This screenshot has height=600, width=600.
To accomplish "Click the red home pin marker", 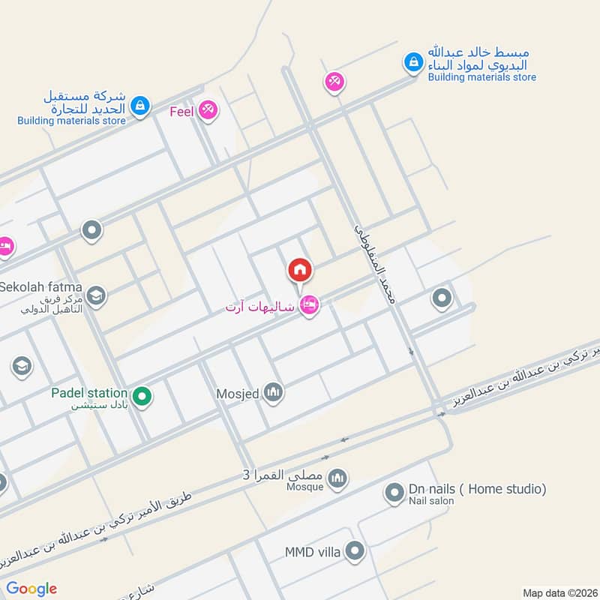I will (x=300, y=269).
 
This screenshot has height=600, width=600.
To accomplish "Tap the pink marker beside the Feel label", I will (x=208, y=111).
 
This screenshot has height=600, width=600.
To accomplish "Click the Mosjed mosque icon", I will (x=273, y=391).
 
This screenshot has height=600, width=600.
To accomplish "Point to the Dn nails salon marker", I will (x=394, y=492).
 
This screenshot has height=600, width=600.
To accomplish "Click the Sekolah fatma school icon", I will (x=95, y=296).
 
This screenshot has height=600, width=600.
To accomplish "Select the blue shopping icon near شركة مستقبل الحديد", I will (x=139, y=106).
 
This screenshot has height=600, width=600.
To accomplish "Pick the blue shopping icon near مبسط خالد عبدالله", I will (x=412, y=63).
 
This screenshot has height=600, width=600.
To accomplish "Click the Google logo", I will (x=31, y=589).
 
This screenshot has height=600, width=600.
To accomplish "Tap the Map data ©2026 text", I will (x=559, y=592).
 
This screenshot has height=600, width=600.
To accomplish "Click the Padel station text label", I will (x=89, y=393).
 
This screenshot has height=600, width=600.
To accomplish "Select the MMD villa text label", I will (x=313, y=553).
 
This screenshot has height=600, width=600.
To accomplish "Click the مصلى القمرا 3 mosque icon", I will (x=338, y=477).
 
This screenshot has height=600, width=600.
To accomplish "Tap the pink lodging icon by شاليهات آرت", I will (x=308, y=304).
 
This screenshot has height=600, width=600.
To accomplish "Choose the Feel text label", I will (x=182, y=112).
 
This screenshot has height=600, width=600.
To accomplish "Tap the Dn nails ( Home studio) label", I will (x=477, y=489).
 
